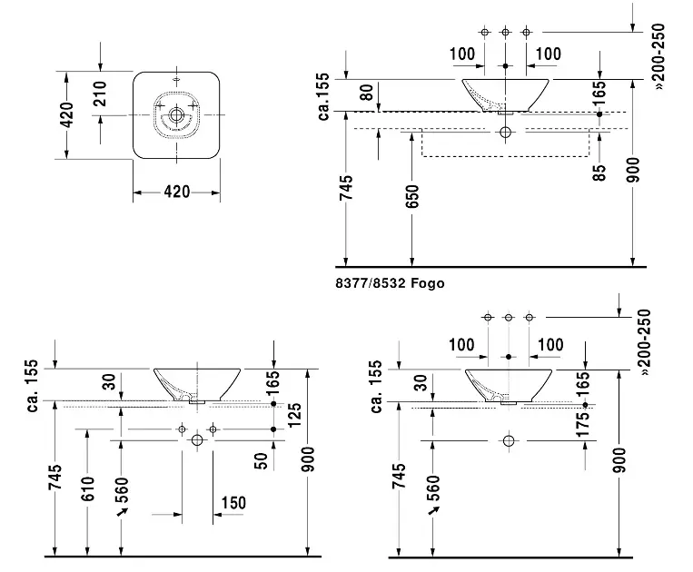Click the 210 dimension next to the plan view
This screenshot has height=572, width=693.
click(102, 93)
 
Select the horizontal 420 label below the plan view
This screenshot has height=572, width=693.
click(176, 192)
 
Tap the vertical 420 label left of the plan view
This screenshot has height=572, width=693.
click(66, 116)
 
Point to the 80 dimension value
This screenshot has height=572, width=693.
click(366, 93)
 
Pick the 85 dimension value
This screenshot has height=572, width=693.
click(599, 172)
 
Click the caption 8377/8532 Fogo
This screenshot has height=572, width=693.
click(390, 283)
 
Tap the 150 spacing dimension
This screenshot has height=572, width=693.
click(233, 503)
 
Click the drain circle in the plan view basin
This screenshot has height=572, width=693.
click(176, 116)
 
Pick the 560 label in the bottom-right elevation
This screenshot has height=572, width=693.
click(432, 491)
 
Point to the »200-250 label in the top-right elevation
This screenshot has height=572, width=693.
click(659, 55)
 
